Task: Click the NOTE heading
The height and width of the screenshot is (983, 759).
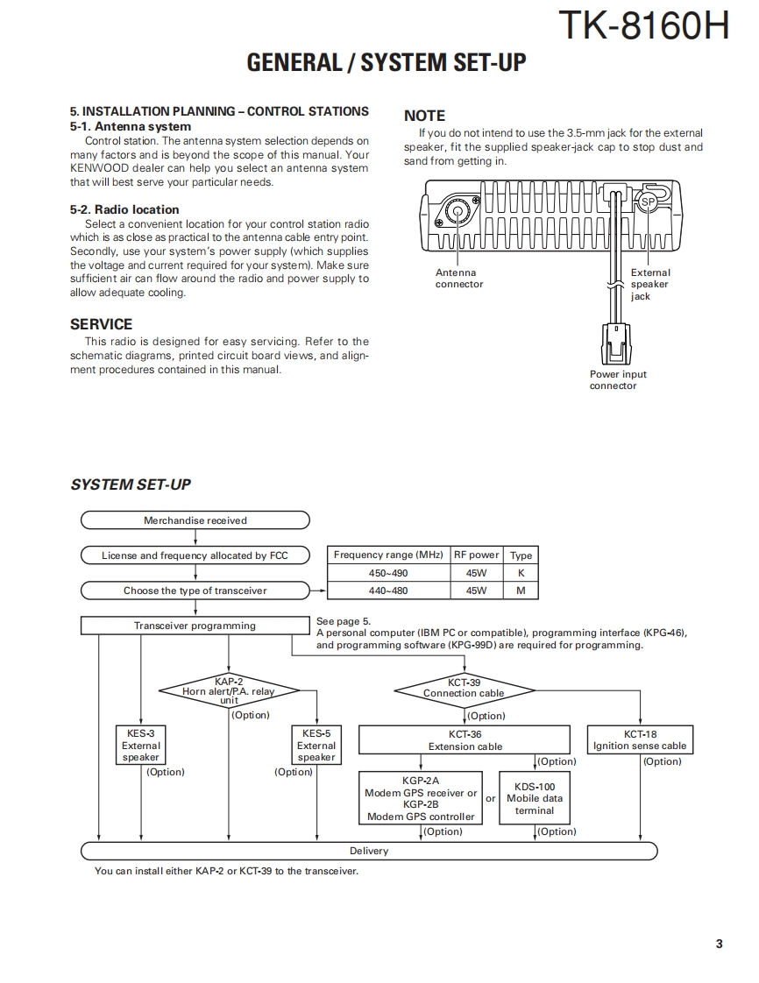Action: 424,116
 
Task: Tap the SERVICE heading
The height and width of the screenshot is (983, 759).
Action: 101,324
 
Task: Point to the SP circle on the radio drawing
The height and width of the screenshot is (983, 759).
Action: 647,202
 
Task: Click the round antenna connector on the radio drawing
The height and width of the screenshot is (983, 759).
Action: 456,212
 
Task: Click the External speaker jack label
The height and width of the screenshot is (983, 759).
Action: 649,285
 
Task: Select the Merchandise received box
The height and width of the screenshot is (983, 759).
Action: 195,520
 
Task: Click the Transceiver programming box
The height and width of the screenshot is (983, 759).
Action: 195,626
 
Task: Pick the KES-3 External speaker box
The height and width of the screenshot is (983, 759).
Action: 141,746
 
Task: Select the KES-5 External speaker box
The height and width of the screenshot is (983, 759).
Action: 316,746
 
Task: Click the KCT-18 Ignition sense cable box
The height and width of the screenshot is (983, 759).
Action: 640,740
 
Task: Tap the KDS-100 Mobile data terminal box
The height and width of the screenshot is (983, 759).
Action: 535,798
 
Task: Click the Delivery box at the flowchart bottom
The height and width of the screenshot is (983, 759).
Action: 369,851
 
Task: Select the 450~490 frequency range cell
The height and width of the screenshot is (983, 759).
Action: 388,573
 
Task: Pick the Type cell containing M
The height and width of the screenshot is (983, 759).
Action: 521,591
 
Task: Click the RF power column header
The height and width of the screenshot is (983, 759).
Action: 476,555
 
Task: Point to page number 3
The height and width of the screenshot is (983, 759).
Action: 719,944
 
